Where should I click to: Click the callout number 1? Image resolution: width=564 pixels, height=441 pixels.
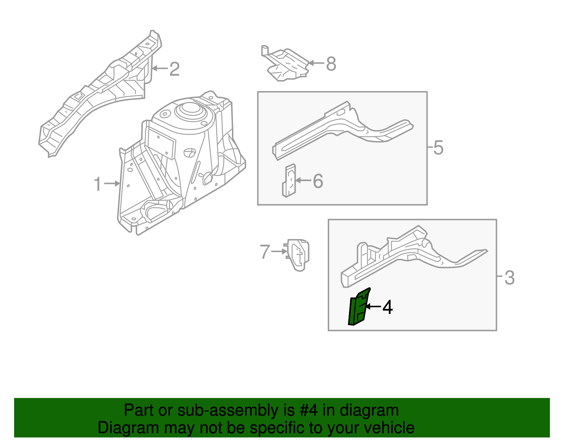(98, 184)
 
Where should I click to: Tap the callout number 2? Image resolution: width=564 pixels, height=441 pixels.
(174, 69)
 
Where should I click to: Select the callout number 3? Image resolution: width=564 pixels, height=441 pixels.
(509, 278)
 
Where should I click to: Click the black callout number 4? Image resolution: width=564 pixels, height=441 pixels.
(387, 307)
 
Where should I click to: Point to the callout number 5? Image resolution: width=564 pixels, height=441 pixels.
(438, 148)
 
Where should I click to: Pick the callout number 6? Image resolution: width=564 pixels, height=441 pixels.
(318, 181)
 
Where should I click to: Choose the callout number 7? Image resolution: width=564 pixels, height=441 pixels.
(265, 252)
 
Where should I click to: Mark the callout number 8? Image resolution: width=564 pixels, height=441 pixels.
(331, 64)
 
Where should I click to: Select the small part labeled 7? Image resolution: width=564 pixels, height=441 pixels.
(299, 254)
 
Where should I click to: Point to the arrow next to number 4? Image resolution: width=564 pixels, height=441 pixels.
(373, 307)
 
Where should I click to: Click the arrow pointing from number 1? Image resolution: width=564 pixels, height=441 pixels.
(113, 184)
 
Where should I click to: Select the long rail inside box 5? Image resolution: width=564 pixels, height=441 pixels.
(338, 131)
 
